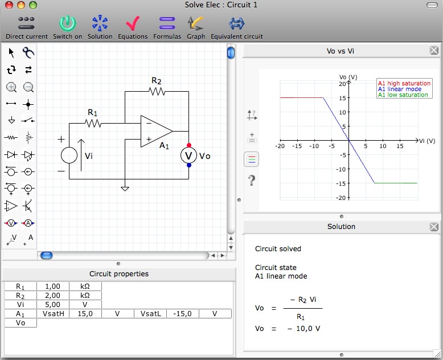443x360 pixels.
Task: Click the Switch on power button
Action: (x=68, y=23)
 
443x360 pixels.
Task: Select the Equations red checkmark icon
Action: (x=133, y=23)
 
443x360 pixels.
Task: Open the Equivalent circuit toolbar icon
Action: (x=236, y=23)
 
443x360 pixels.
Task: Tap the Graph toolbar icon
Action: (x=195, y=23)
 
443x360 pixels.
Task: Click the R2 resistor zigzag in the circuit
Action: (x=157, y=91)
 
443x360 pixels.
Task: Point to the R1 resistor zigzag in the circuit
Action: (x=93, y=123)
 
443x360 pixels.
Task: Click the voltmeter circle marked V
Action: (x=188, y=156)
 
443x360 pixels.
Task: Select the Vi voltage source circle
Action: (x=69, y=155)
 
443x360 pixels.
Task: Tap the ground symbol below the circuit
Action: (x=125, y=189)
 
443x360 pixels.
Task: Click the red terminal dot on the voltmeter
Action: (x=189, y=145)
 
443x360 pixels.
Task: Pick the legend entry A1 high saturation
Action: (x=404, y=83)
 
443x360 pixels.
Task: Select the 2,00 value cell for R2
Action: (x=53, y=296)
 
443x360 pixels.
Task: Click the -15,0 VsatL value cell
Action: (x=183, y=314)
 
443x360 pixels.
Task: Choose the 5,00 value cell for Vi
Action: (x=53, y=305)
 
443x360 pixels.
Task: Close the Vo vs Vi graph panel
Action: (x=434, y=51)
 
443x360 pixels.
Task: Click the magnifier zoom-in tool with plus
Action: (x=11, y=87)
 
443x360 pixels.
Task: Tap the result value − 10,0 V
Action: (x=303, y=329)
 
